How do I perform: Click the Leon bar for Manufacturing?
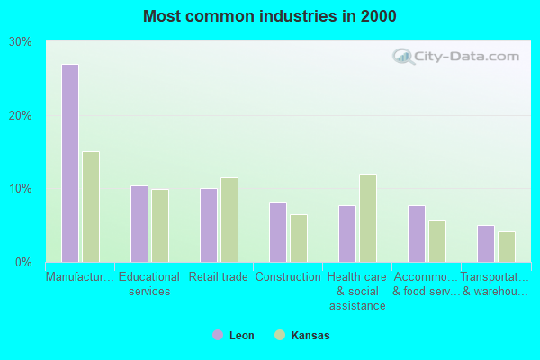(70, 163)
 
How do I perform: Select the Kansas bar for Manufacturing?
(91, 206)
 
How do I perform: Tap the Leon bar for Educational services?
(139, 224)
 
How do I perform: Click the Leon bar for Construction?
(278, 232)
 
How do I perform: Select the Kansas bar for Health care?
(367, 218)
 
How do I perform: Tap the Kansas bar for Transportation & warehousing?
(507, 247)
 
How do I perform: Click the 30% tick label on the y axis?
(21, 42)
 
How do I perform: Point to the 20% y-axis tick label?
(21, 116)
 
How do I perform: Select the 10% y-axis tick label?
(21, 189)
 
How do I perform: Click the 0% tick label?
(23, 263)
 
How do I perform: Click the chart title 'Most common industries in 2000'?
(269, 16)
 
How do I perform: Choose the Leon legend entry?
(233, 336)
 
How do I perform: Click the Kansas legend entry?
(302, 336)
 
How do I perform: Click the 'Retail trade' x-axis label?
(219, 277)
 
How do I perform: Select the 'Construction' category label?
(288, 277)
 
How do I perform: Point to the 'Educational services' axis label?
(149, 283)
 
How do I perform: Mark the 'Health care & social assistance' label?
(357, 291)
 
